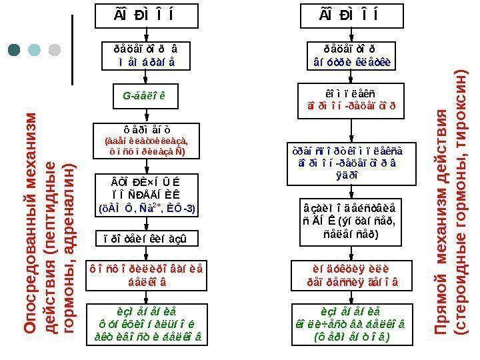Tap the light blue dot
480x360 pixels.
[35, 50]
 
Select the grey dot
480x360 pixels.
[55, 50]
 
